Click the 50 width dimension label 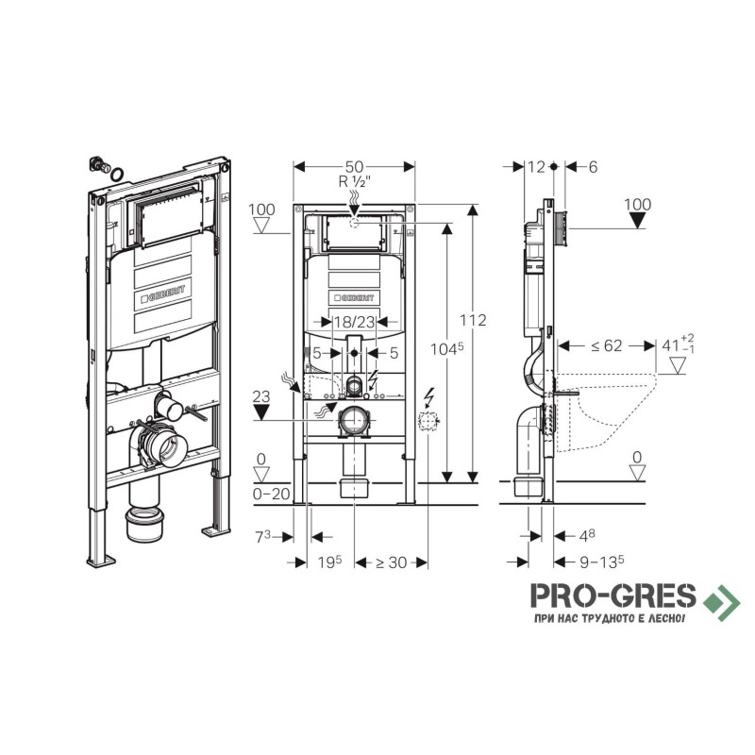(354, 167)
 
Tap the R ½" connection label (355, 182)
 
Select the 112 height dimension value (473, 320)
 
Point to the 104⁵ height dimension (446, 348)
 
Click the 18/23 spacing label (355, 322)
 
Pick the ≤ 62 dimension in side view (606, 345)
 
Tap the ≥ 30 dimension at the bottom (391, 562)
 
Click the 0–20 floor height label (272, 494)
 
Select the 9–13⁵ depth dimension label (602, 562)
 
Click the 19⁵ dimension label (329, 562)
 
